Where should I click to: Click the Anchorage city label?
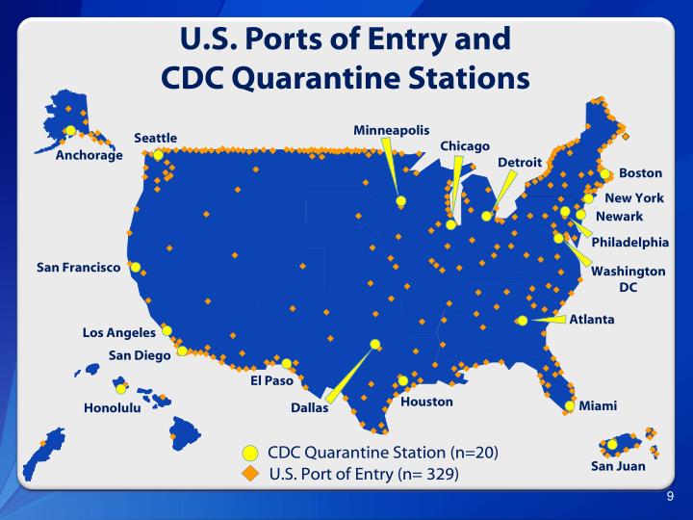pos(90,155)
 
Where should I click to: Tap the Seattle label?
pos(155,138)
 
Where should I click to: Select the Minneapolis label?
pos(391,130)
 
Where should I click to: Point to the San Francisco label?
pos(78,267)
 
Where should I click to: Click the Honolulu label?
pos(113,407)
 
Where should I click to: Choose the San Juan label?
pos(618,466)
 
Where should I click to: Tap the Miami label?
pos(598,406)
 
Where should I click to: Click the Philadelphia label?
pos(629,242)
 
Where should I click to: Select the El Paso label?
pos(271,380)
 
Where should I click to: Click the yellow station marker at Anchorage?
pos(70,131)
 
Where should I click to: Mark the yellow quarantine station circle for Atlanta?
pos(522,321)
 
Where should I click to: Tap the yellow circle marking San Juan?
pos(612,445)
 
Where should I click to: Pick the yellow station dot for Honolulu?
pos(120,389)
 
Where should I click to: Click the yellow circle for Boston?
pos(605,174)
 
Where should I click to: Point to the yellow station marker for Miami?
pos(570,406)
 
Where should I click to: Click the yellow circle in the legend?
pos(250,452)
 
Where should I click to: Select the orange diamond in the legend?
pos(250,473)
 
